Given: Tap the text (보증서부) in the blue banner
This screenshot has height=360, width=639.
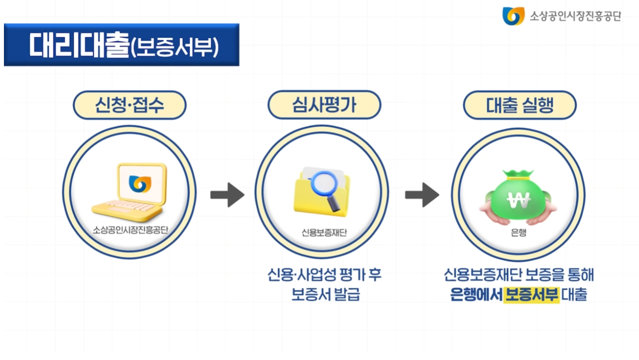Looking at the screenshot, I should pos(175,47).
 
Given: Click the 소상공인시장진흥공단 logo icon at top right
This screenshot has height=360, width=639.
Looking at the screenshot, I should pos(513,16).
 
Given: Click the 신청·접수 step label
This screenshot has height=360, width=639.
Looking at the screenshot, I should pos(130,105).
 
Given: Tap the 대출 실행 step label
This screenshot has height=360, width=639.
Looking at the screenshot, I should pos(520,105).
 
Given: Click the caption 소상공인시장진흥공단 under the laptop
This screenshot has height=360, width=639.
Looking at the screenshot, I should pos(130,229).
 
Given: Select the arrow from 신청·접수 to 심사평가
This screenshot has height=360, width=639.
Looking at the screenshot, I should pos(227,195).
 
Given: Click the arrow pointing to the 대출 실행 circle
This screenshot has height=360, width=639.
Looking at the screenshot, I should pos(422,195).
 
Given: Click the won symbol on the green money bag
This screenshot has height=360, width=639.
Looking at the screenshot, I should pos(518,199).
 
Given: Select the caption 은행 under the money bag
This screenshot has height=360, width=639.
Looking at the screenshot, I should pos(518,232).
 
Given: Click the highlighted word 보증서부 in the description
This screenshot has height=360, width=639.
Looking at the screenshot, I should pos(532,295).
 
